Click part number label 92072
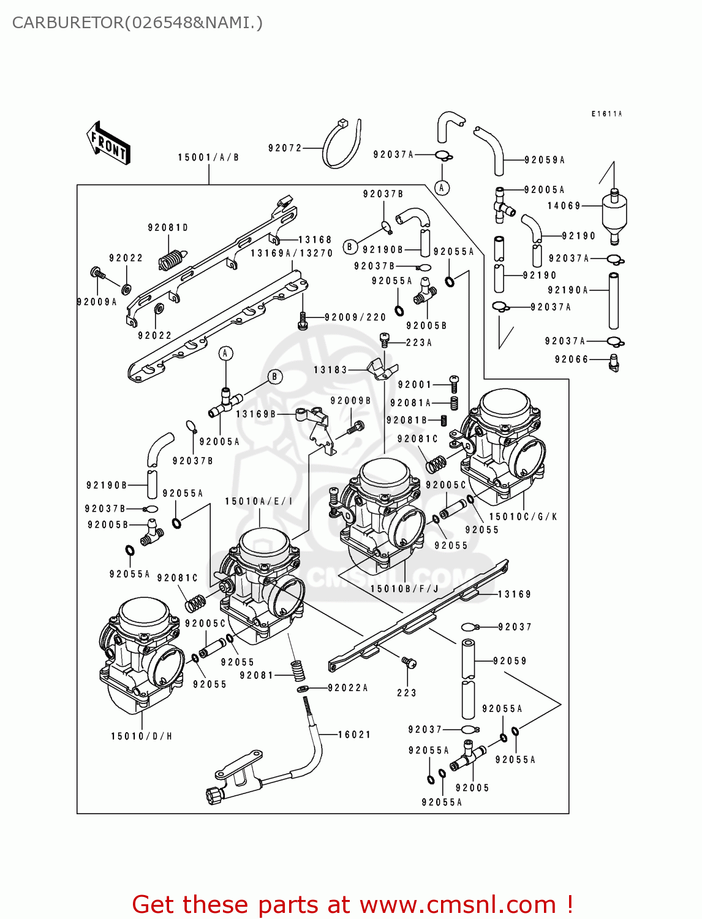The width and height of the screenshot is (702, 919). pos(285,148)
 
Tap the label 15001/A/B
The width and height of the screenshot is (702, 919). pos(208,157)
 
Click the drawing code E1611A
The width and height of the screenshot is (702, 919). pos(606,114)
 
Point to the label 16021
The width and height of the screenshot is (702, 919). pos(355,735)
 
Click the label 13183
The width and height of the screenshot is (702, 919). pos(330,370)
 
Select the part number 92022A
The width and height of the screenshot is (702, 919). pos(348,688)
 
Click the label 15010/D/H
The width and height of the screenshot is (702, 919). pos(142,736)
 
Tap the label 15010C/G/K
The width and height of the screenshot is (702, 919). pos(523,517)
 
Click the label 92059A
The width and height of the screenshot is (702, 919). pos(545,160)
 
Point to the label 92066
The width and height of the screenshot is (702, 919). pos(571,360)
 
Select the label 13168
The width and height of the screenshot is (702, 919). pos(315,240)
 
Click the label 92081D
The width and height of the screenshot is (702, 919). pos(168,228)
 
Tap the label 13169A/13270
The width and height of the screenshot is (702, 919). pos(292,253)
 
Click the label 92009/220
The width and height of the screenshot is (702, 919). pos(355,317)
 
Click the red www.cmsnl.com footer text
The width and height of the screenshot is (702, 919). pos(458,904)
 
